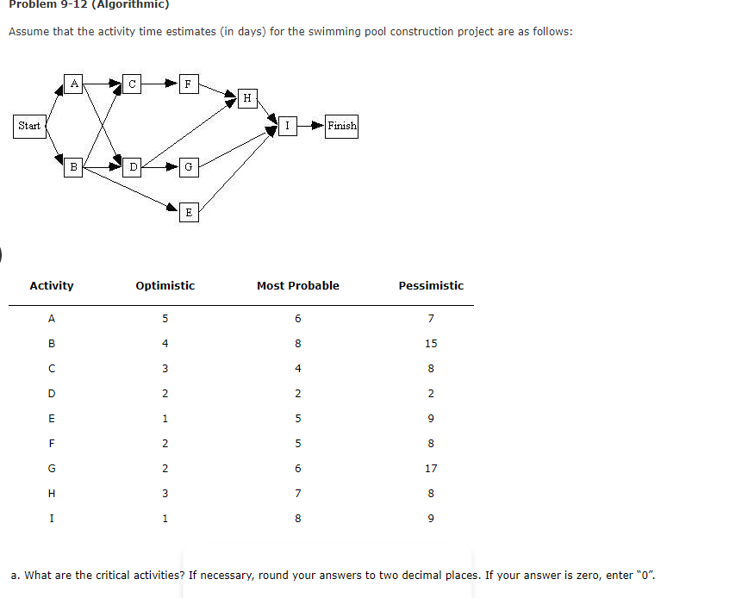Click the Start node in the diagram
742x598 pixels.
pyautogui.click(x=29, y=126)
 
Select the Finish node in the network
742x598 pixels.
pyautogui.click(x=341, y=126)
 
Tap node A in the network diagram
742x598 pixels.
pyautogui.click(x=75, y=84)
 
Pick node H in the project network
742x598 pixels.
pyautogui.click(x=247, y=98)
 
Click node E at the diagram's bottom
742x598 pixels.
pyautogui.click(x=189, y=212)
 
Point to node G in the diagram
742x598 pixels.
pyautogui.click(x=189, y=167)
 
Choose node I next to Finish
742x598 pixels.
pyautogui.click(x=287, y=126)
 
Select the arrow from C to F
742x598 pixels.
pyautogui.click(x=159, y=84)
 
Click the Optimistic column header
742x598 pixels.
pyautogui.click(x=165, y=286)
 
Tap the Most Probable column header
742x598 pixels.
pyautogui.click(x=297, y=286)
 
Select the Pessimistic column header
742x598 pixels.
pyautogui.click(x=431, y=286)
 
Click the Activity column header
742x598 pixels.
pyautogui.click(x=52, y=286)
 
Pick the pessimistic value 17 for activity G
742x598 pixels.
pyautogui.click(x=431, y=469)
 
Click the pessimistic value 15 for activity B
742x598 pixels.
pyautogui.click(x=431, y=344)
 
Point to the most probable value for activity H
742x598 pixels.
pyautogui.click(x=297, y=494)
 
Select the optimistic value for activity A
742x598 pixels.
pyautogui.click(x=165, y=319)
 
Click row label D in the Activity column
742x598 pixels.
pyautogui.click(x=52, y=394)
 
